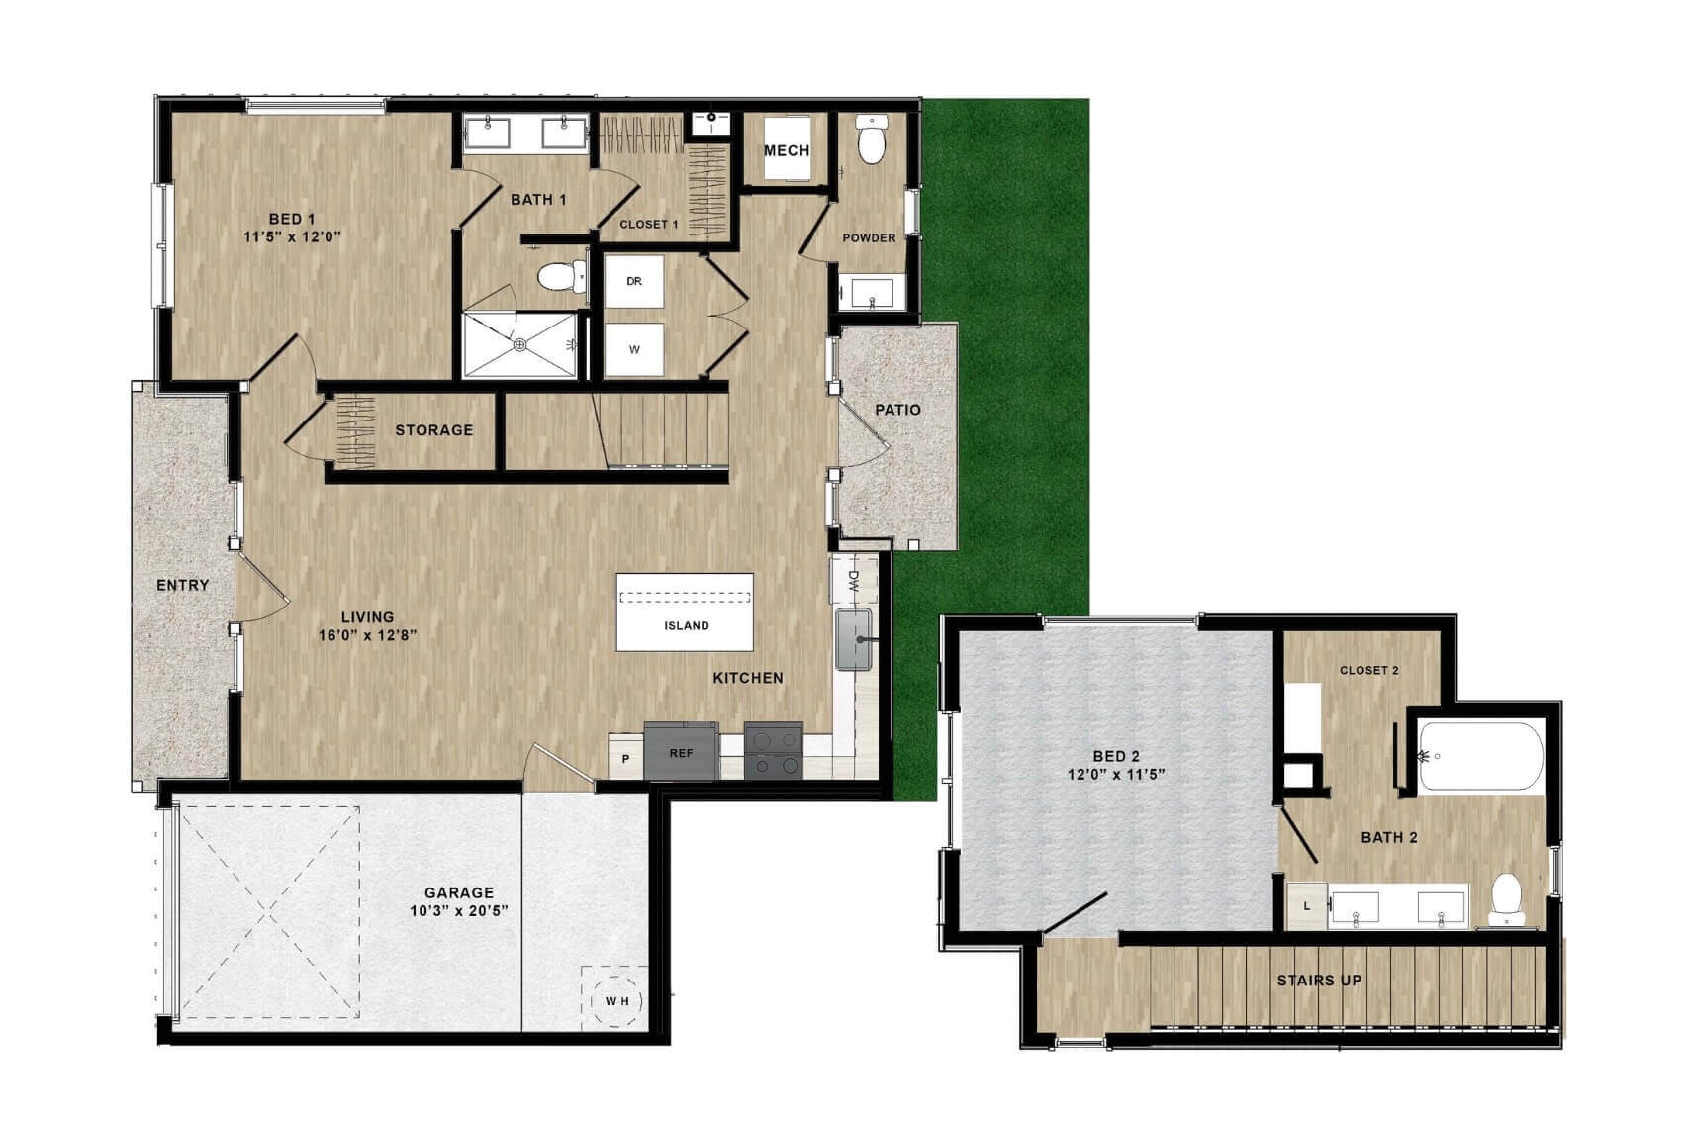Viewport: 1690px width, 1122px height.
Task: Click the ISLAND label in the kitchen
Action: point(686,625)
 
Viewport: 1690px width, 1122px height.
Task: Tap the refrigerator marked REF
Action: point(681,751)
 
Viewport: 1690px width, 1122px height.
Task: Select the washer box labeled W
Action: point(633,349)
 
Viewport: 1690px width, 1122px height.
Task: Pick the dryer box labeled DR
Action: point(633,281)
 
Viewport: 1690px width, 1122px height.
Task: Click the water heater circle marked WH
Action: point(616,1001)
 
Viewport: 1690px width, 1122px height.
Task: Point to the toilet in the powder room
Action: point(872,139)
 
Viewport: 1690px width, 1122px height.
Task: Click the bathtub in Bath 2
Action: point(1480,757)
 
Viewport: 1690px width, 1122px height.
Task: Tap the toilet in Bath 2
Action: point(1507,899)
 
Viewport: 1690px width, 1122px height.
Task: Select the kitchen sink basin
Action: point(853,639)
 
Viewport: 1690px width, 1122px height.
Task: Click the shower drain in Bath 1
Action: point(519,345)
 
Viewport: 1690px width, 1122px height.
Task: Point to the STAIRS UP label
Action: point(1319,981)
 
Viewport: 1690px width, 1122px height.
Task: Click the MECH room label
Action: point(787,151)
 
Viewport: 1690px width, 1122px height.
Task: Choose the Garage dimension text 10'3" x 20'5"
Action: point(459,910)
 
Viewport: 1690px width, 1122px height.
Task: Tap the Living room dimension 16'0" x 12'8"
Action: point(367,635)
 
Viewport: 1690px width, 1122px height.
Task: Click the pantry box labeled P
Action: point(625,757)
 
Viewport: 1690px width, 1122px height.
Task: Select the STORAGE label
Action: point(433,430)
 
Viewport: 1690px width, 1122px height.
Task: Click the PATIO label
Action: point(897,410)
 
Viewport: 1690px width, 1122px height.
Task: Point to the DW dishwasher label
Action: point(854,580)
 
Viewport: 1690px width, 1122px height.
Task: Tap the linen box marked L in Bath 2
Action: point(1307,905)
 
